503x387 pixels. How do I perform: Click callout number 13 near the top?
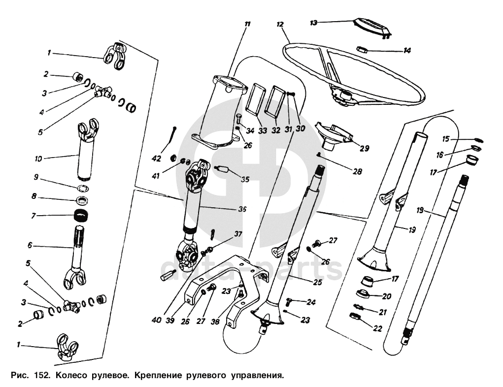(x=314, y=23)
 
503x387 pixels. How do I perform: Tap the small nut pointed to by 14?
(x=362, y=49)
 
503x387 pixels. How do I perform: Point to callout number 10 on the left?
(x=38, y=159)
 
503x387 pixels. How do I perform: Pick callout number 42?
(x=157, y=158)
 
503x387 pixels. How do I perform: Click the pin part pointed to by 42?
(x=174, y=135)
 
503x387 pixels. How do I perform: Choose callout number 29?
(x=365, y=148)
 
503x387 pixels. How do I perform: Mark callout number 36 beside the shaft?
(x=242, y=209)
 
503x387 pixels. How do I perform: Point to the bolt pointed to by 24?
(x=289, y=302)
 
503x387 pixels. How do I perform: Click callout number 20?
(x=387, y=296)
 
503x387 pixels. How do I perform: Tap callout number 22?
(x=377, y=328)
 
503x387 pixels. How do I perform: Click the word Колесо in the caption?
(x=71, y=375)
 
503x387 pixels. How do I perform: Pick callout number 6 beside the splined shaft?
(x=30, y=245)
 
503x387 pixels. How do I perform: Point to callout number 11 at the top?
(x=247, y=24)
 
